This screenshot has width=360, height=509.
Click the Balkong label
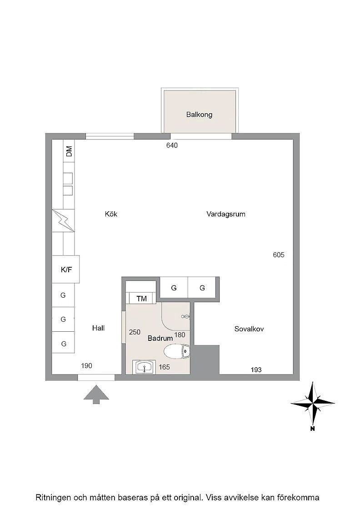coord(199,115)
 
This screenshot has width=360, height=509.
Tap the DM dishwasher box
coord(69,151)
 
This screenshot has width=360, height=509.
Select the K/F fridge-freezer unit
coord(66,269)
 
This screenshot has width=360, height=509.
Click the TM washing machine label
coord(141,298)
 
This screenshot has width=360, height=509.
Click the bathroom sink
coord(144,367)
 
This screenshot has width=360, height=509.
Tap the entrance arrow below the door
coord(96,394)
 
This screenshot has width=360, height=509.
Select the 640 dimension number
coord(172,145)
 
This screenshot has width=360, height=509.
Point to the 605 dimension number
coord(279,255)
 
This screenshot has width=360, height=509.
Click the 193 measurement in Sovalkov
coord(256,370)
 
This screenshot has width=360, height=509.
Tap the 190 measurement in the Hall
coord(86,366)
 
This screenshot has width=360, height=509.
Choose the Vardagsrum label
coord(226,214)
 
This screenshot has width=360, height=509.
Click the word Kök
coord(111,214)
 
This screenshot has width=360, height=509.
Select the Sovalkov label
coord(249,329)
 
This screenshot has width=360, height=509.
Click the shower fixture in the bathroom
coord(185,316)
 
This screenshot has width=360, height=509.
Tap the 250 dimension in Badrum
coord(135,332)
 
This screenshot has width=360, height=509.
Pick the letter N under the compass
coord(312,429)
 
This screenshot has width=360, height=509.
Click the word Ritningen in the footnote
coord(53,497)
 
